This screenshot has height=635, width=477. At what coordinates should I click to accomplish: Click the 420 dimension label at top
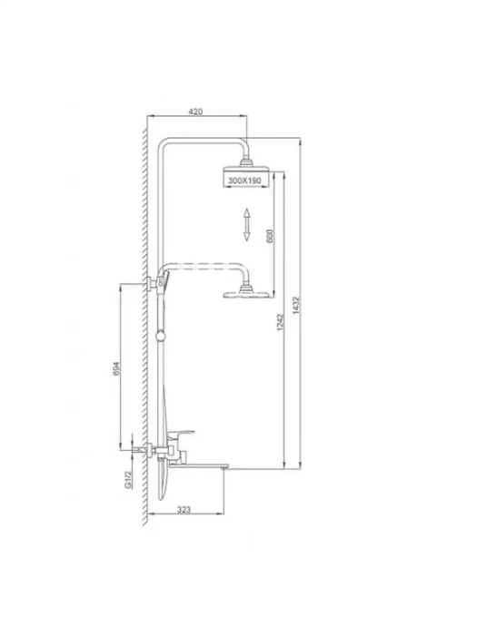(195, 112)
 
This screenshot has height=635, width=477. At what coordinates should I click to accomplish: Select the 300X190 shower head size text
(244, 181)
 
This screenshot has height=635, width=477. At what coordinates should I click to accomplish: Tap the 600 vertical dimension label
(270, 236)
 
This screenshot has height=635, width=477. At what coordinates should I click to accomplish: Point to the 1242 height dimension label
(281, 322)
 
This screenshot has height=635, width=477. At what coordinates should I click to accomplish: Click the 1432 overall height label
(296, 306)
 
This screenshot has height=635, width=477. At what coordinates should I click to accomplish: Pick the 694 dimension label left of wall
(116, 368)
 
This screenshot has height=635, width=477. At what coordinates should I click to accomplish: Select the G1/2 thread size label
(128, 480)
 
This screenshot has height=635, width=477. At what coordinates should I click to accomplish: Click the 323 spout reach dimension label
(184, 510)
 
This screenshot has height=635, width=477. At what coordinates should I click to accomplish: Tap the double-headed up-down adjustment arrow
(246, 225)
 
